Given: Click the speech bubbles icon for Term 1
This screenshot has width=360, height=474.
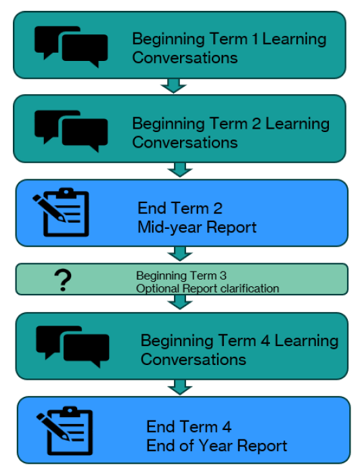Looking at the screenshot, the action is coord(71,47).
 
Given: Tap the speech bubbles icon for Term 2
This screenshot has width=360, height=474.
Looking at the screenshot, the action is coord(71,131).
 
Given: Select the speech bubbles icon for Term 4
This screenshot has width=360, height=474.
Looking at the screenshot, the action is coord(72,347).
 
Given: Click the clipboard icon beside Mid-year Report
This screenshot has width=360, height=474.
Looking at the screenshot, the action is coord(61,212).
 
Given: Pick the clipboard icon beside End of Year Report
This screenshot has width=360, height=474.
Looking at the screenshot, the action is coord(64,431).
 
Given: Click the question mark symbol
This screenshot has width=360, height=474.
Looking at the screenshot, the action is coord(62,280).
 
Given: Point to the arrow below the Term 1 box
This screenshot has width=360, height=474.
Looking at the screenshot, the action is coord(174,86).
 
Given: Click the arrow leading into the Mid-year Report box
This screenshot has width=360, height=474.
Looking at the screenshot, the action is coord(180,169).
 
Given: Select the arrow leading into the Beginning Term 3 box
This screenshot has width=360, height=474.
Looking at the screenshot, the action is coord(180,254).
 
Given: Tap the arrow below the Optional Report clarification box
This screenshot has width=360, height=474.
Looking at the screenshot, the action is coord(180,302).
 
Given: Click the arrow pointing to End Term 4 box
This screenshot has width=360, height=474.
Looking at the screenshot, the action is coord(180,387).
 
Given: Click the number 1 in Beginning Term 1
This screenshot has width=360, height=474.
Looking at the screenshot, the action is coord(255,39).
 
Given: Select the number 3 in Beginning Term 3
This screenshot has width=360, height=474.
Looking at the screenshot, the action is coord(223,276).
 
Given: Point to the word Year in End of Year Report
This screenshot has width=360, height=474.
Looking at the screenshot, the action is coord(216,446).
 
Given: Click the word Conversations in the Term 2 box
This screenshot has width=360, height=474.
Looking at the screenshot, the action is coord(185,142).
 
